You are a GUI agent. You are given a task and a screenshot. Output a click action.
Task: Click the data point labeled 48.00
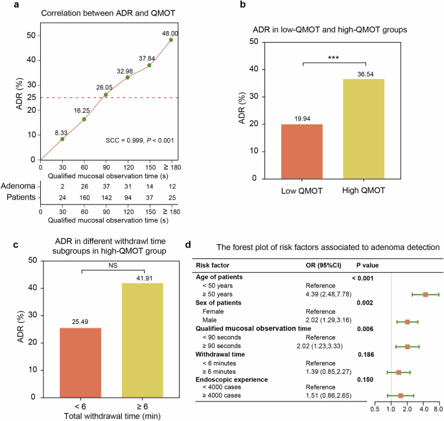tap(171, 40)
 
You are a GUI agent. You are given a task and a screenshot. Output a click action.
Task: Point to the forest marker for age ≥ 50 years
tap(425, 294)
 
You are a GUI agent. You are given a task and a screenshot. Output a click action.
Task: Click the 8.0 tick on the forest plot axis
tap(438, 409)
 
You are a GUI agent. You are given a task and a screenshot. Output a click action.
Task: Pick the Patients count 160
tap(84, 197)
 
